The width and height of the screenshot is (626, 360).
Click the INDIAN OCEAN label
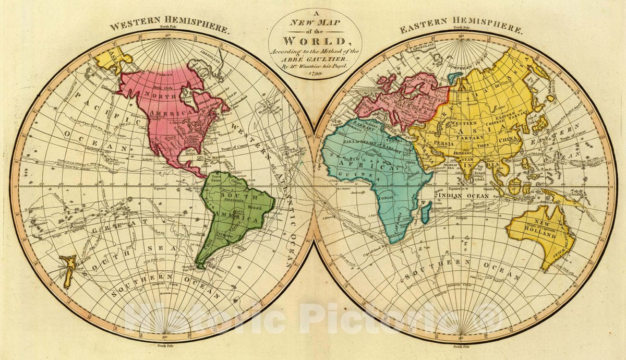click(463, 196)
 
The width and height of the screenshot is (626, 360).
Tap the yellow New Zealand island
click(68, 269)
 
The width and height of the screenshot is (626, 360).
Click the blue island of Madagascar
click(426, 210)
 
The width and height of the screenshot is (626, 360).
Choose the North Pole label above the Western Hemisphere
click(168, 26)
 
